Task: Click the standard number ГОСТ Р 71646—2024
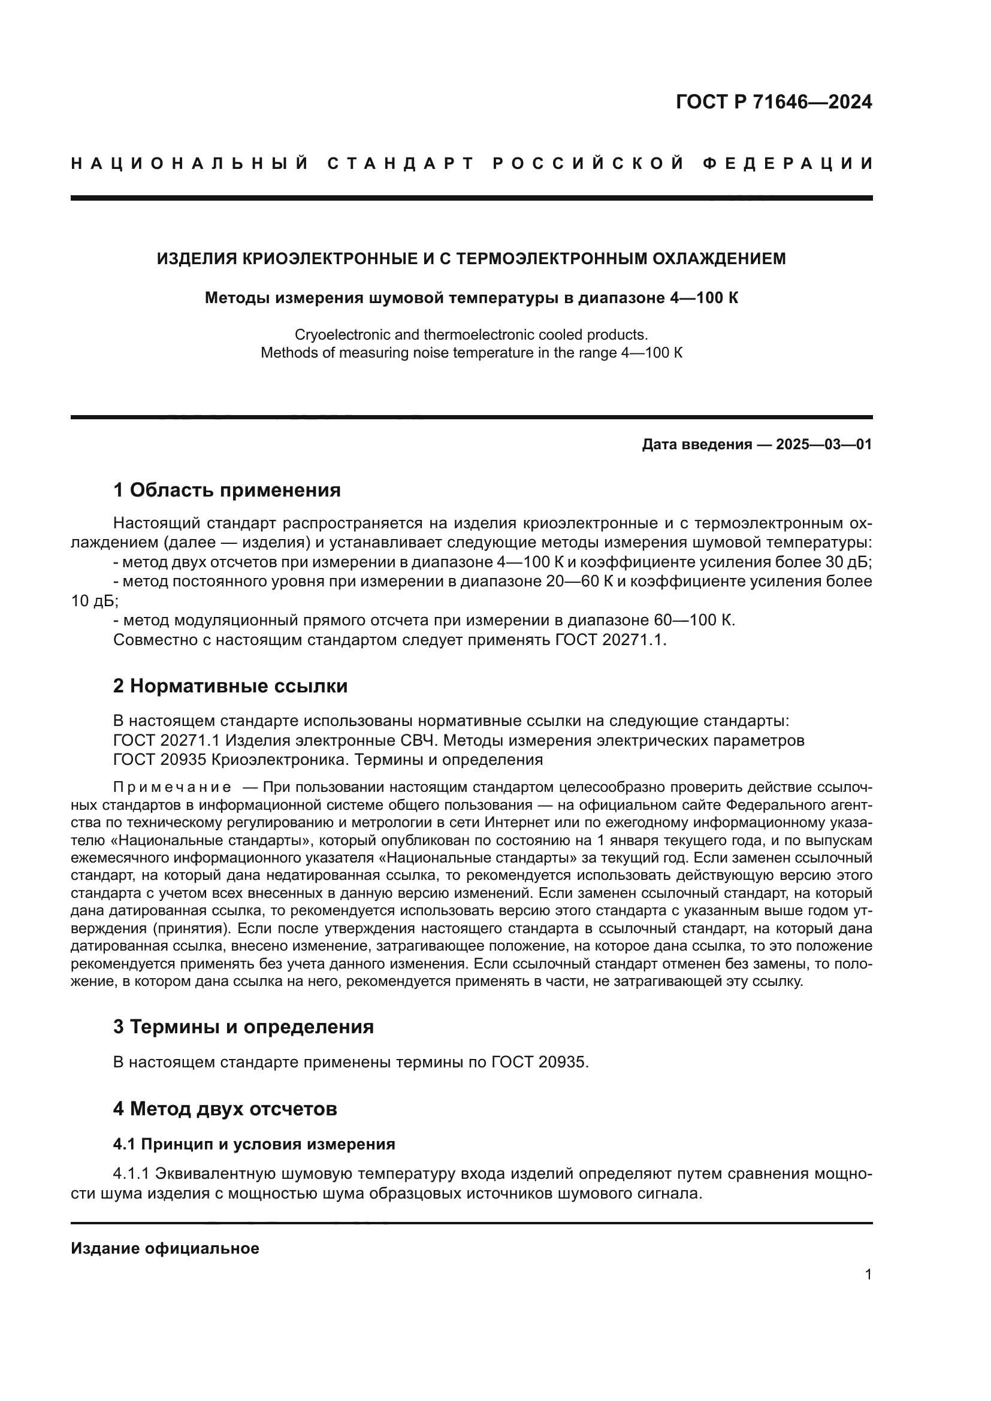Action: point(774,102)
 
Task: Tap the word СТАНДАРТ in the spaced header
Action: point(401,164)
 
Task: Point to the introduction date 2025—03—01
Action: point(824,444)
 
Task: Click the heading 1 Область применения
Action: point(226,490)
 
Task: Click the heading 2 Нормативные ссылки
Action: point(230,686)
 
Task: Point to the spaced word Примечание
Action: point(172,788)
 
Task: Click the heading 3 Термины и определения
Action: point(243,1027)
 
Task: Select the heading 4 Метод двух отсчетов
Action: point(225,1108)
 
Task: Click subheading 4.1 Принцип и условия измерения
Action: point(254,1144)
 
